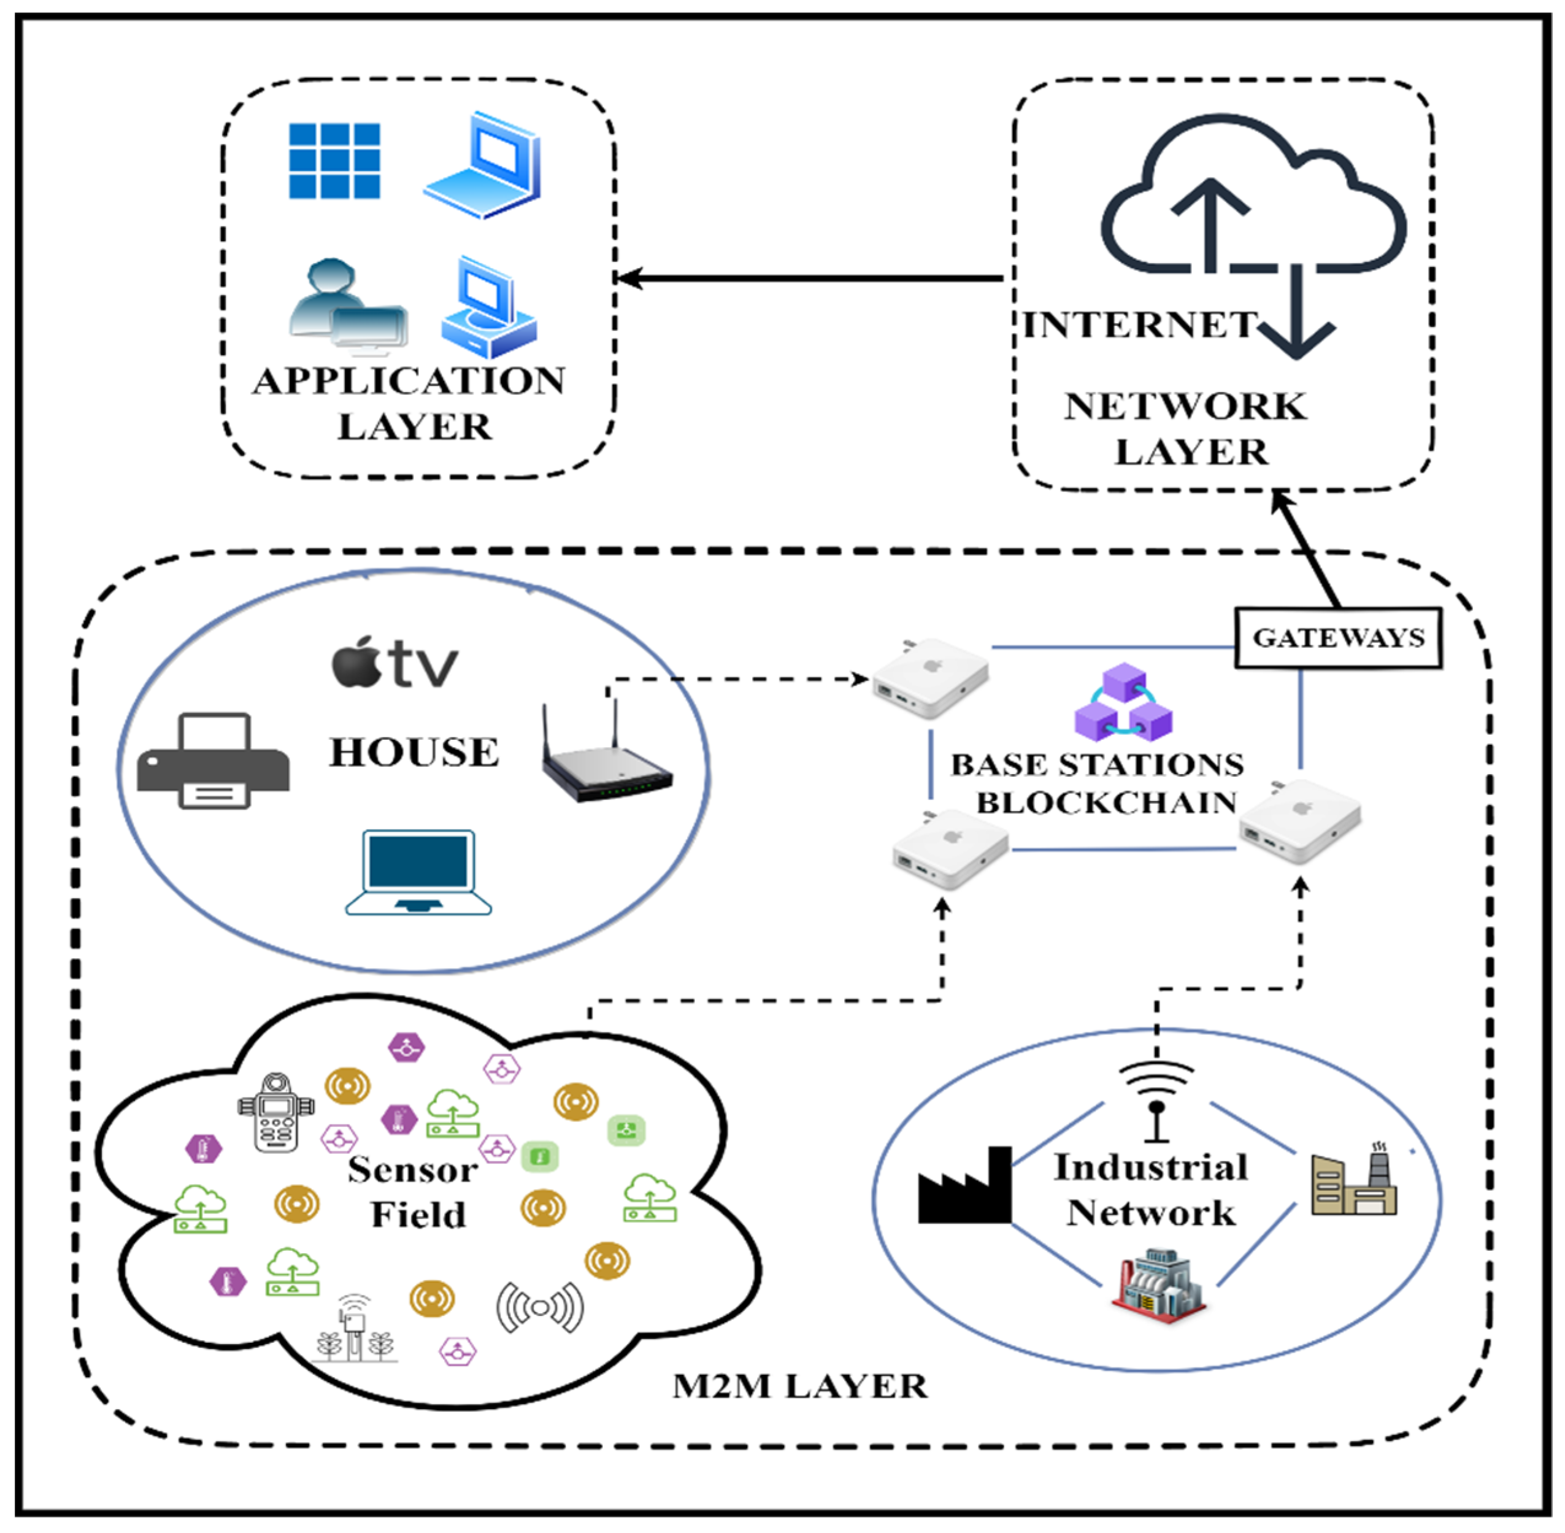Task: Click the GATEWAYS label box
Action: tap(1337, 638)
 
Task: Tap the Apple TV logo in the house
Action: tap(394, 663)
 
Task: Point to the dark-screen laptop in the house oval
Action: tap(418, 872)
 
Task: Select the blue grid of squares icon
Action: tap(334, 160)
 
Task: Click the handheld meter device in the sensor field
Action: tap(275, 1112)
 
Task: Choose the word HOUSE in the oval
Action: tap(413, 751)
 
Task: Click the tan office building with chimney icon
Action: tap(1354, 1181)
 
